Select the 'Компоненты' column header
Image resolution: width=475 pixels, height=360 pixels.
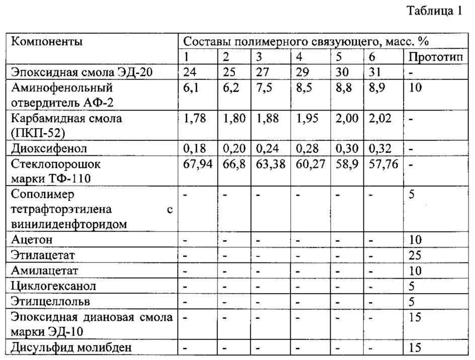coord(47,41)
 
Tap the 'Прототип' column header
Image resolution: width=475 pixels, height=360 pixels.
coord(435,57)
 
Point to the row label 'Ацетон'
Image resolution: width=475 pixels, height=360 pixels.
coord(32,240)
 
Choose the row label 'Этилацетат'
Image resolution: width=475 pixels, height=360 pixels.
coord(43,255)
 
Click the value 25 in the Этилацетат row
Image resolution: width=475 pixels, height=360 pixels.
coord(416,255)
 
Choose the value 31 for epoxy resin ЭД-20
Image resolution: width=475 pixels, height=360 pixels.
coord(375,72)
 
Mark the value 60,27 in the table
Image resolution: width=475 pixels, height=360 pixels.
coord(309,164)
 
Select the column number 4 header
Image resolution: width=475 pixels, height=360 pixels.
coord(299,57)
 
